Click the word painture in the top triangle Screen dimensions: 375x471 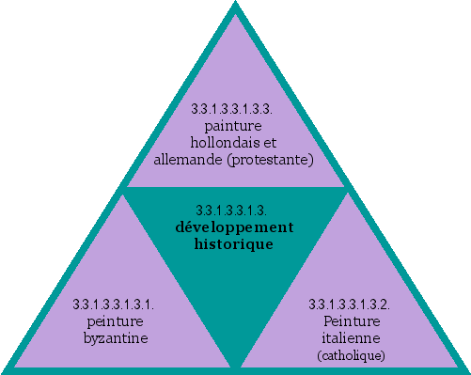235,127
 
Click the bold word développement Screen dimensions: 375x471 235,227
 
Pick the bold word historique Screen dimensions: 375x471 235,243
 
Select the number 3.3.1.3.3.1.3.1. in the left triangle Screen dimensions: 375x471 113,305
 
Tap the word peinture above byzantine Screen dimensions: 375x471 113,320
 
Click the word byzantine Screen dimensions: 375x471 113,336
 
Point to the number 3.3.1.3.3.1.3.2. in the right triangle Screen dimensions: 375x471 350,305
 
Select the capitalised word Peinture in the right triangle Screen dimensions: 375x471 351,320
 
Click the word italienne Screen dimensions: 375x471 351,336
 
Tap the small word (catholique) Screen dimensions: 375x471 351,354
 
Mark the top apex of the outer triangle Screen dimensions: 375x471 235,5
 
